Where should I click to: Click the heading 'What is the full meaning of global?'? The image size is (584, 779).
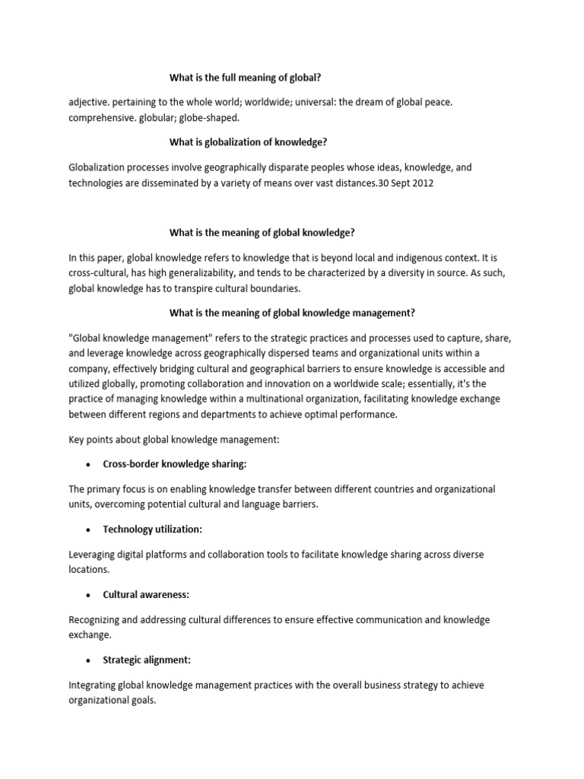[250, 77]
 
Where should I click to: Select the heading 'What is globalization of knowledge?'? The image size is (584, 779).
[247, 142]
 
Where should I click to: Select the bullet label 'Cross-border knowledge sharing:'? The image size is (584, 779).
[174, 463]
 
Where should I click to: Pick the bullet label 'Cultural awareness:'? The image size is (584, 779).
[146, 594]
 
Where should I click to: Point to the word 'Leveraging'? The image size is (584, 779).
[94, 555]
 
